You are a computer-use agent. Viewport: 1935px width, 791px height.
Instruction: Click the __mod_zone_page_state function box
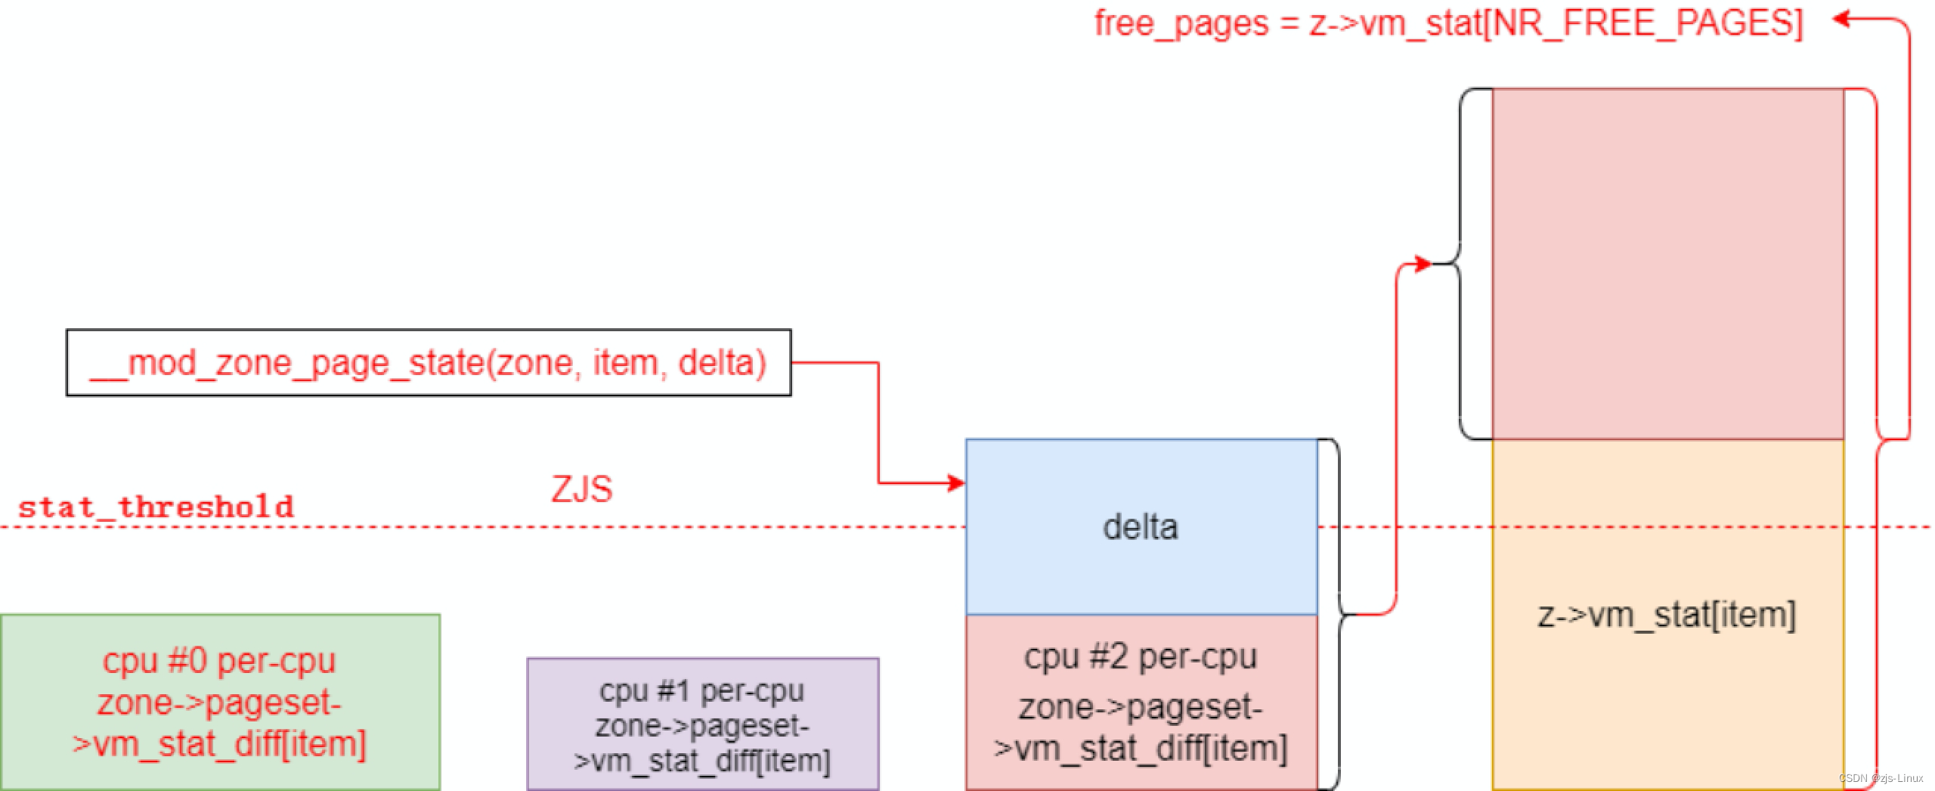(429, 362)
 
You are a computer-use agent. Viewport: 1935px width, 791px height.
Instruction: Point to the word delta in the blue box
(1141, 527)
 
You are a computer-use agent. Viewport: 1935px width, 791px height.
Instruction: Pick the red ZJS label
(581, 489)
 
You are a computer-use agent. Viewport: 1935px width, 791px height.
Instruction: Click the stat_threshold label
(156, 507)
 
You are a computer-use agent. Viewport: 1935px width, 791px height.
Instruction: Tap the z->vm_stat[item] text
(1667, 614)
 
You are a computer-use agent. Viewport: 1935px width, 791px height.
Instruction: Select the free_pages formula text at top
(1448, 23)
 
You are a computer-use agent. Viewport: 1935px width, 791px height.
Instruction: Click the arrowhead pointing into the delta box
(958, 483)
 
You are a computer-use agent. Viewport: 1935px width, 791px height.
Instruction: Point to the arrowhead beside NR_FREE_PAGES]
(1841, 19)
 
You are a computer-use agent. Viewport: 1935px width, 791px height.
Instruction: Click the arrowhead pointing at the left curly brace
(1423, 264)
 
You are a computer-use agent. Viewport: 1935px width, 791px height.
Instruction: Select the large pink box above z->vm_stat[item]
(1667, 263)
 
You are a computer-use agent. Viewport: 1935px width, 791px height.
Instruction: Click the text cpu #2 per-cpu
(1141, 656)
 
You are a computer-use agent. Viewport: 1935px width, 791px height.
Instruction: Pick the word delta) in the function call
(722, 363)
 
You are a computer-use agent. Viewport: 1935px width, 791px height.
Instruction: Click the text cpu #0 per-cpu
(219, 661)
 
